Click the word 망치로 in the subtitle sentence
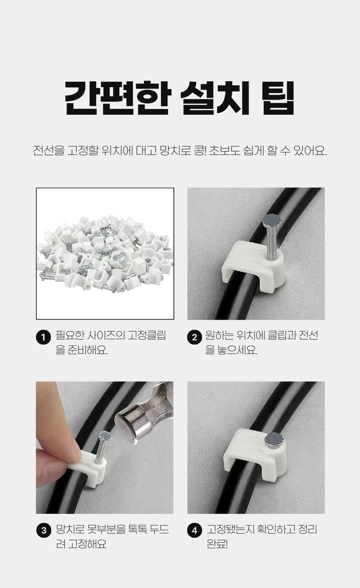click(x=174, y=151)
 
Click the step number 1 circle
click(x=43, y=337)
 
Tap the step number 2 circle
click(x=195, y=337)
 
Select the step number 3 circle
click(x=43, y=530)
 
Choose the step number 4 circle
click(x=195, y=530)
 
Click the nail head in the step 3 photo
click(x=105, y=435)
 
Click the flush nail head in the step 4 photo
click(x=274, y=440)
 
